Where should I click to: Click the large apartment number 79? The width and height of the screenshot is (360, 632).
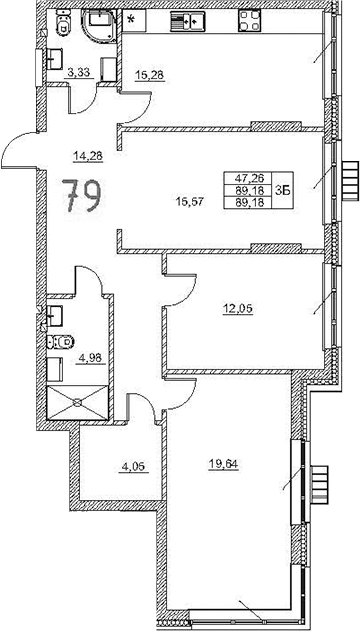79,195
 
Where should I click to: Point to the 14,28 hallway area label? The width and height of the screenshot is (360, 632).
88,154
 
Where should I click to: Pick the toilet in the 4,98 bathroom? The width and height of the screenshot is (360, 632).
59,342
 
